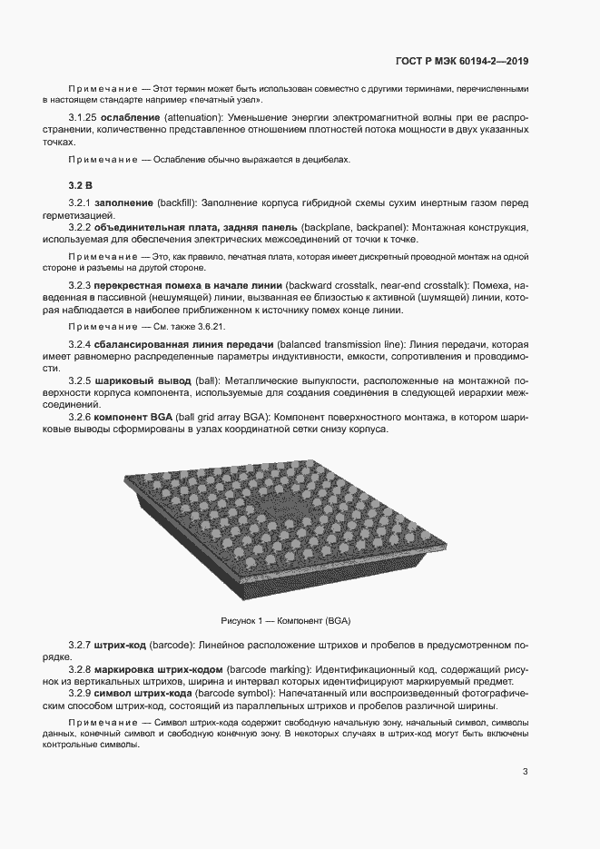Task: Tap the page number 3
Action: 526,772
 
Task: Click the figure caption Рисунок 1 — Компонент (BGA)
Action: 286,621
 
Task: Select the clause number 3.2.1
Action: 80,201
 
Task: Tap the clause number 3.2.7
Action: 80,645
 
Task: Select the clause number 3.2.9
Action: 80,693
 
